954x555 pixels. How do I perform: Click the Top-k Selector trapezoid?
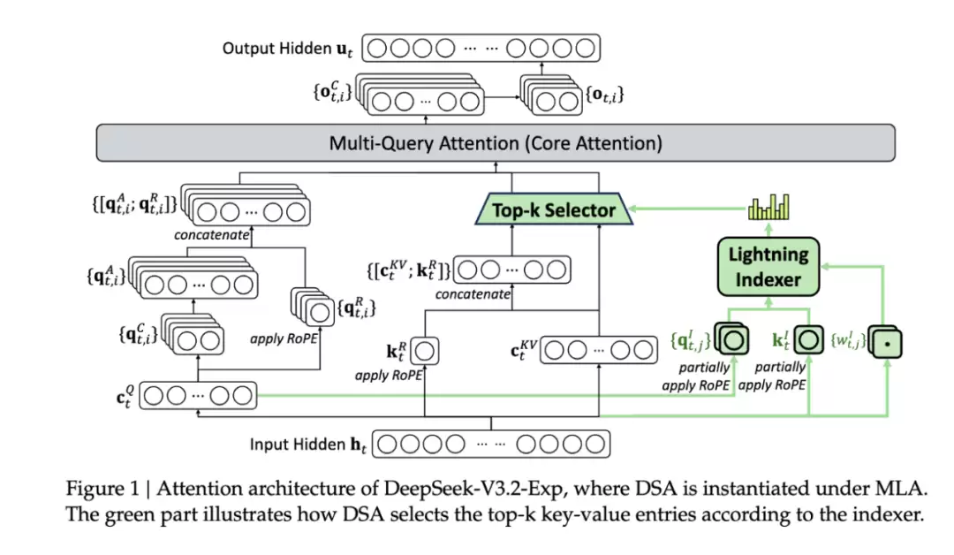pyautogui.click(x=552, y=210)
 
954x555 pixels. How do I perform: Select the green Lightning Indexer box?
pyautogui.click(x=768, y=267)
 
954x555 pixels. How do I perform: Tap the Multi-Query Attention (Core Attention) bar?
pyautogui.click(x=495, y=142)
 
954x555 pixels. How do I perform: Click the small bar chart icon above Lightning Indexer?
pyautogui.click(x=768, y=208)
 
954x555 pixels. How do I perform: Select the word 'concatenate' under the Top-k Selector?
pyautogui.click(x=473, y=294)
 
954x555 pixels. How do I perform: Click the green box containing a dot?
pyautogui.click(x=884, y=340)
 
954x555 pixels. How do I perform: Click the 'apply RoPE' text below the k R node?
pyautogui.click(x=389, y=375)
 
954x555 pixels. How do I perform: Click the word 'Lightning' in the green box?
pyautogui.click(x=768, y=255)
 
